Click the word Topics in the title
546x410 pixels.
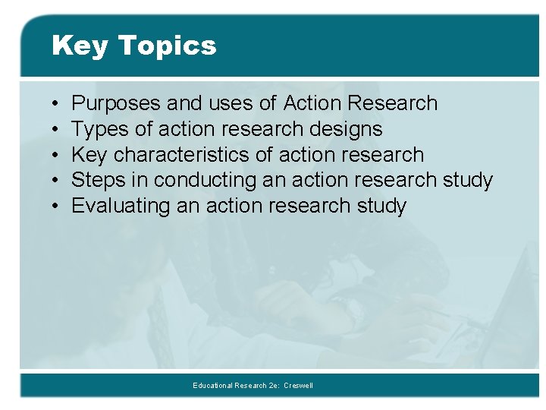[166, 46]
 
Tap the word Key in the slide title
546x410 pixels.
[79, 46]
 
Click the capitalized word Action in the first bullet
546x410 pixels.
[312, 103]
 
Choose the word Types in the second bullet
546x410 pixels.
[99, 129]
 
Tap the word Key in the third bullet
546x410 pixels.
[88, 155]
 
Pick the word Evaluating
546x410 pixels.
[121, 206]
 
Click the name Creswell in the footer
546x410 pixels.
[298, 386]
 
